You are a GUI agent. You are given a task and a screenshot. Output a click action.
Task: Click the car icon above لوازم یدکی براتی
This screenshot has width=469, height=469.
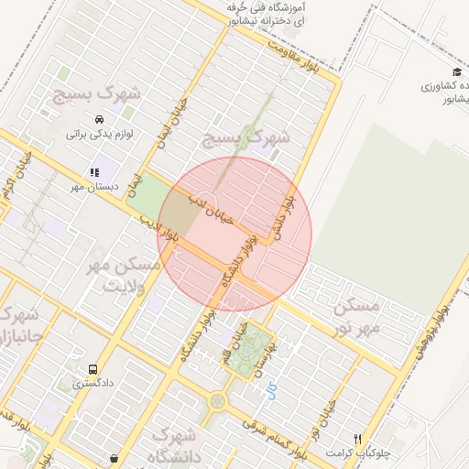point(98,119)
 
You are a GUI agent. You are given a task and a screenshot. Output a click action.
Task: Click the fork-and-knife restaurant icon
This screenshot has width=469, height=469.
point(358,439)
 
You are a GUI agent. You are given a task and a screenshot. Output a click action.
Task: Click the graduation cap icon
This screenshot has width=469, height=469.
point(456,72)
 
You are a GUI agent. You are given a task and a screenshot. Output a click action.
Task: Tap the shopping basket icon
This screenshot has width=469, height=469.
point(113,458)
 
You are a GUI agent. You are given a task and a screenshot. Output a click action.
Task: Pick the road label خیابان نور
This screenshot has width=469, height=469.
point(327,417)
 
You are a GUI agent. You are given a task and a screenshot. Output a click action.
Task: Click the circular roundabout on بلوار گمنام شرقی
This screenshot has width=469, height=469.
point(217,401)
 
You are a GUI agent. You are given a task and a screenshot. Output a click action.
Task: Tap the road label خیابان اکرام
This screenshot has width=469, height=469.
point(12,174)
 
